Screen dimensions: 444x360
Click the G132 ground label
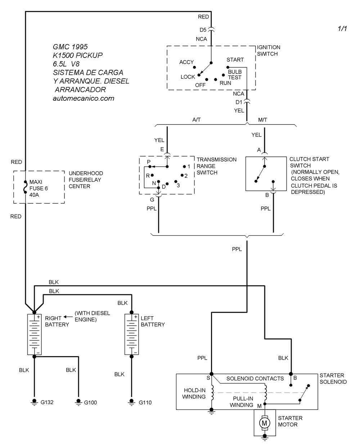(47, 402)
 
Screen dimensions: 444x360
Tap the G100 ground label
(90, 402)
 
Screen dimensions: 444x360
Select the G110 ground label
(145, 402)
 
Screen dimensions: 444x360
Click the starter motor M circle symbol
(265, 422)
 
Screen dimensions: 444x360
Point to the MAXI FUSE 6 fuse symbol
(25, 187)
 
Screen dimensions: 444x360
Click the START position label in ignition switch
(235, 60)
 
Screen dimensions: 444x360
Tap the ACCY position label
(186, 62)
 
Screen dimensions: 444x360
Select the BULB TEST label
(235, 74)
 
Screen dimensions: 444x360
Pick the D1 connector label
(239, 102)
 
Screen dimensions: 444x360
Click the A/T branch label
(197, 120)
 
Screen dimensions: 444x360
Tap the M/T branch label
(263, 120)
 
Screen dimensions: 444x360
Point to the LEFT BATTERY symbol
(131, 334)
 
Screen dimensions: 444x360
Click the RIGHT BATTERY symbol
(35, 334)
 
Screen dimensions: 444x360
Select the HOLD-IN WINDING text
(194, 393)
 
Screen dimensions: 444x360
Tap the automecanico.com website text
(84, 98)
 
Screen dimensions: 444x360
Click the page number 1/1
(342, 29)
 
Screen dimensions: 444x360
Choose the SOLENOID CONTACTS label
(255, 379)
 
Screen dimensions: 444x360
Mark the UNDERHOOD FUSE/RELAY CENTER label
(86, 180)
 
